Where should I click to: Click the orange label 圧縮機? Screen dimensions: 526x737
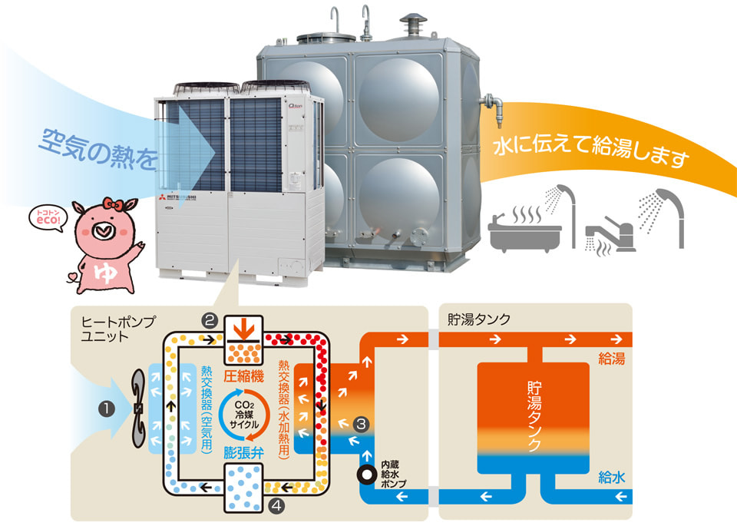point(243,377)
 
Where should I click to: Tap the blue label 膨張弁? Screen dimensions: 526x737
point(243,452)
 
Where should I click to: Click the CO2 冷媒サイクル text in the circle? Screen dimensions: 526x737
point(243,414)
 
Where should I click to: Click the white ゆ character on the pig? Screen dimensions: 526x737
point(101,271)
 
